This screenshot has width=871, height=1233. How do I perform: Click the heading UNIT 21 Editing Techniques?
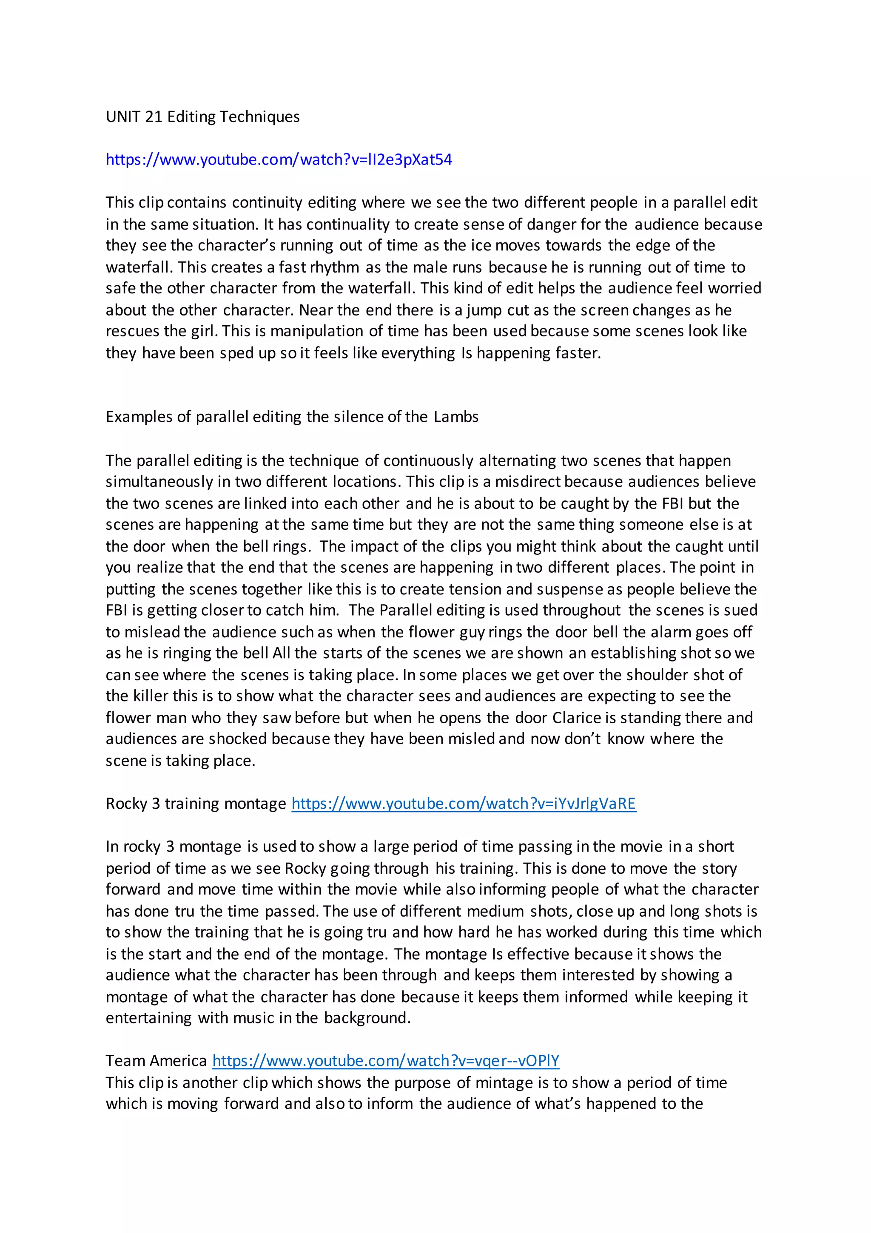202,116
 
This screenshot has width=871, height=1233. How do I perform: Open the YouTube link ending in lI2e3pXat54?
279,159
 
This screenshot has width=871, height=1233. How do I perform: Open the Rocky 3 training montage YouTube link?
464,804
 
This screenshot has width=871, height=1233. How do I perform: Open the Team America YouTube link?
386,1061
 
